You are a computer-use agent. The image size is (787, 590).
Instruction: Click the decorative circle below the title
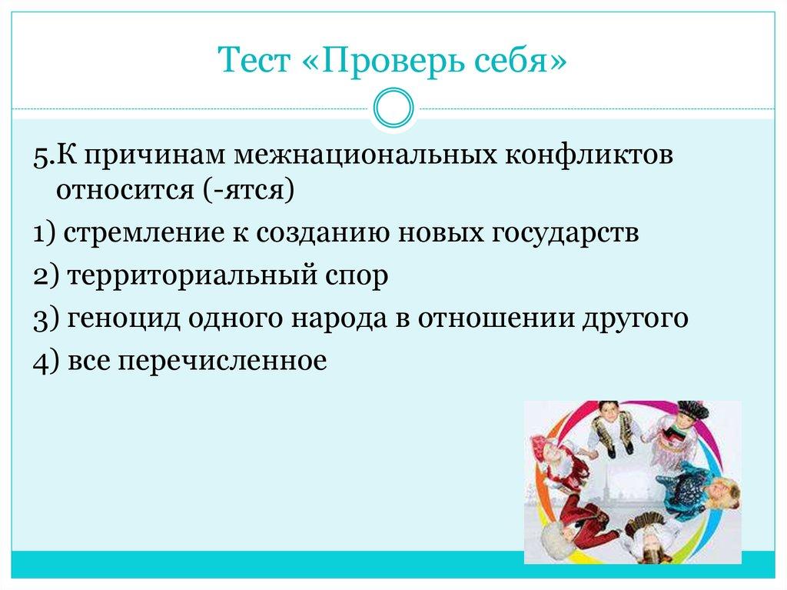point(393,108)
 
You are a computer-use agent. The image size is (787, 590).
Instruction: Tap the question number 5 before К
point(40,155)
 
